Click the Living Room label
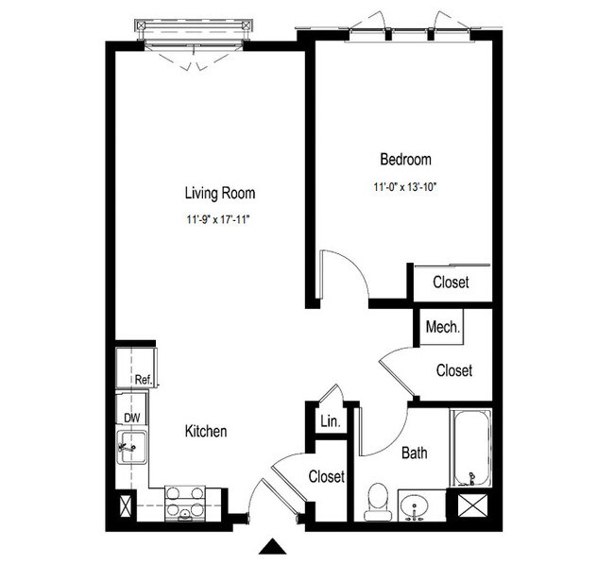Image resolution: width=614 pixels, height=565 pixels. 220,194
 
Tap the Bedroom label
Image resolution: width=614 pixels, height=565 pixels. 405,160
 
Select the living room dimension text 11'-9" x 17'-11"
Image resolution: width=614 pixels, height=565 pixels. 218,219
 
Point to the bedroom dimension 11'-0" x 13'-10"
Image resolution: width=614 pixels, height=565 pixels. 405,187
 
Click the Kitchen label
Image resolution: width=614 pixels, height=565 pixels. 206,431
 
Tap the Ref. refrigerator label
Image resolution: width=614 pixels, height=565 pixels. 144,380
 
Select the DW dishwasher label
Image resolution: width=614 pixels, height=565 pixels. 132,418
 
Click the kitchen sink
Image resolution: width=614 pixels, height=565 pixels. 132,447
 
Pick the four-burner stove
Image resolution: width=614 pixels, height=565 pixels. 185,504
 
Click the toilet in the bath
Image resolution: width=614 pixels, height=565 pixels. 378,503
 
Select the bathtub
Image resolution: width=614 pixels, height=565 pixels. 471,448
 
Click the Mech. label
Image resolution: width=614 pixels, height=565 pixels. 443,327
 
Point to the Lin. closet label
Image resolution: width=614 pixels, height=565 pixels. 331,421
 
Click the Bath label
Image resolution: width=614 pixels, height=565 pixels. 415,453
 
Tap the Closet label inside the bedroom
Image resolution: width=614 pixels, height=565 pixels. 451,282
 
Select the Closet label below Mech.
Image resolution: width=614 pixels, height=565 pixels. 454,370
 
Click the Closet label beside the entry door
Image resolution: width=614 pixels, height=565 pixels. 327,476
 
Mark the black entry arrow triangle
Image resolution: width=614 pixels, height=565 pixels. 273,547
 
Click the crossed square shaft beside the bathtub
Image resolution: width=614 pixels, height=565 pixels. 472,505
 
